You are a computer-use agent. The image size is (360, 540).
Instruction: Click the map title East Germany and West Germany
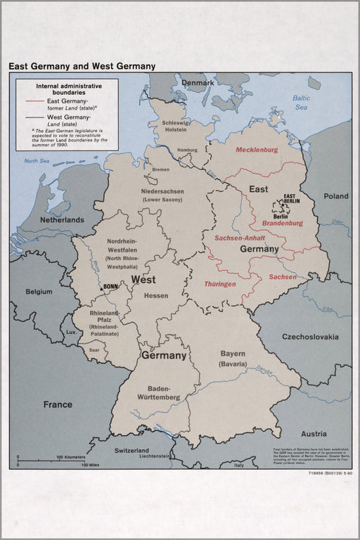82,66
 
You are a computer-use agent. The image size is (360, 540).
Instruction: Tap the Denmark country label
198,83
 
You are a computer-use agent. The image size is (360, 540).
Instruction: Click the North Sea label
37,161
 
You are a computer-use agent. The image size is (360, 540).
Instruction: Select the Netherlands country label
62,219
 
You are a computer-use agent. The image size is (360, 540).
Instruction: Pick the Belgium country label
39,291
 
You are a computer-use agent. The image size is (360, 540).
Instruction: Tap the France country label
58,404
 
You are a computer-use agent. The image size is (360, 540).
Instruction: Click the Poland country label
336,196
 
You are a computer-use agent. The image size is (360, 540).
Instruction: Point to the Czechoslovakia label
310,337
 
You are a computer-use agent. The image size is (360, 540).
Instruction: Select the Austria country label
314,434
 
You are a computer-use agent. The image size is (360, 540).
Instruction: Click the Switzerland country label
132,450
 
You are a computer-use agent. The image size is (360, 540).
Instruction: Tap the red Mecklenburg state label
257,150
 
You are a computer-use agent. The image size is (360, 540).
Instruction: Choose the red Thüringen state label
219,284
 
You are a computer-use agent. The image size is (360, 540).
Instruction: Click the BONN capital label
111,286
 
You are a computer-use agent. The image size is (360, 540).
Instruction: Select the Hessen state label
156,295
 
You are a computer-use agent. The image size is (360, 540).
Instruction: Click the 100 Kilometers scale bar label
70,457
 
